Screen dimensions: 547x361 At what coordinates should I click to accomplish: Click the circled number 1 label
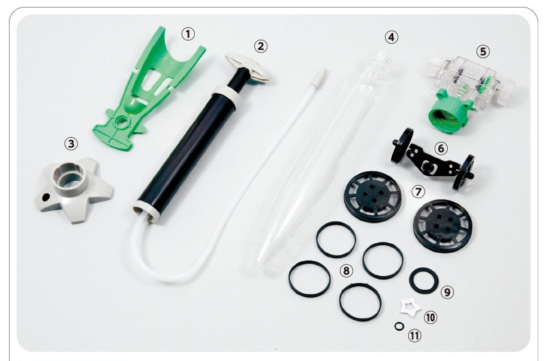point(188,34)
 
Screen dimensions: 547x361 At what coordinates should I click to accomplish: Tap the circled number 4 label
point(391,37)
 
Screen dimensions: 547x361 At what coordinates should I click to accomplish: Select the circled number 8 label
point(346,271)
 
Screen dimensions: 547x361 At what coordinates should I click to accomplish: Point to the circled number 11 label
point(414,336)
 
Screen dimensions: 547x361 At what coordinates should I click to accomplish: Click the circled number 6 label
point(441,149)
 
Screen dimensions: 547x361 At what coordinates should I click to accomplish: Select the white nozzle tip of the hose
point(321,75)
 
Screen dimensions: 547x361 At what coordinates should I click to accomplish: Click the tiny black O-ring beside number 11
point(399,326)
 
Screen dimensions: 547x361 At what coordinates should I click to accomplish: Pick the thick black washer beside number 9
point(424,281)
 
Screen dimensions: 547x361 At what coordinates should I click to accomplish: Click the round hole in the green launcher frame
point(122,123)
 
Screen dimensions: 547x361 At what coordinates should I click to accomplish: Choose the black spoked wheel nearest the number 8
point(373,197)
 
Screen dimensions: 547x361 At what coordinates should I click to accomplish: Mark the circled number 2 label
point(261,46)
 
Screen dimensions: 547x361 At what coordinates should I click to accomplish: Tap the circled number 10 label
point(430,317)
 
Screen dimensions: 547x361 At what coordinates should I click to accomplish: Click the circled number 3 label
point(71,144)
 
